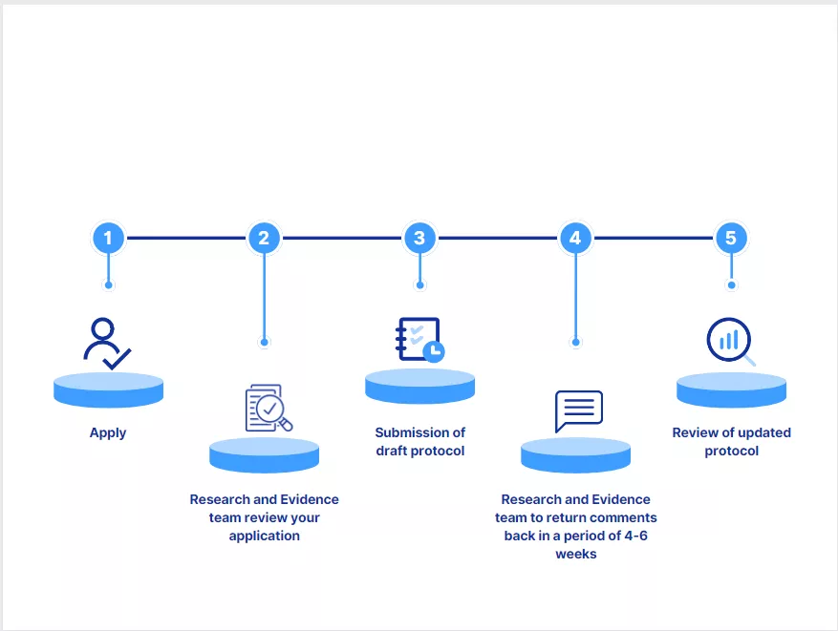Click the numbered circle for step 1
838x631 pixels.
(x=108, y=238)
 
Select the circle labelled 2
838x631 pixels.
(x=264, y=238)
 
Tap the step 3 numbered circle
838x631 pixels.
(x=419, y=238)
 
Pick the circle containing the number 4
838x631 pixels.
(x=575, y=238)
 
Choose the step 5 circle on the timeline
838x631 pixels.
(x=731, y=238)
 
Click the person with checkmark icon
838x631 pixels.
(x=106, y=344)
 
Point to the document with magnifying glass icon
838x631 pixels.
(x=268, y=408)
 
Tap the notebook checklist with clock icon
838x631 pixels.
(x=419, y=340)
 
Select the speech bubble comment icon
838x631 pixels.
(x=579, y=410)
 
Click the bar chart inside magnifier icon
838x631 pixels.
(x=730, y=341)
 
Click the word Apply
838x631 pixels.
(x=108, y=432)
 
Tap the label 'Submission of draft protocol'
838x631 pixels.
(x=419, y=441)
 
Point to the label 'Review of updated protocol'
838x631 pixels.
(x=731, y=441)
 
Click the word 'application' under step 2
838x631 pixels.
(x=264, y=536)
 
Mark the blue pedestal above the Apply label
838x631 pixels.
(x=108, y=389)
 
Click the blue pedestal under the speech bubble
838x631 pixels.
(x=575, y=454)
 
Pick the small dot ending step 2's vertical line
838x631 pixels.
(x=264, y=341)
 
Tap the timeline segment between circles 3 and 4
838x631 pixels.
(x=497, y=238)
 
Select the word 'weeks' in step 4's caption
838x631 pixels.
(x=575, y=554)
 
